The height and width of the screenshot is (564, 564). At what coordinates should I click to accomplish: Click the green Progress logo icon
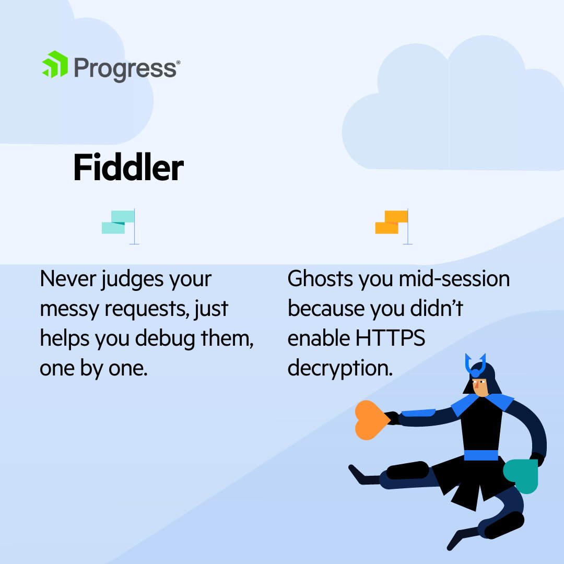[x=55, y=64]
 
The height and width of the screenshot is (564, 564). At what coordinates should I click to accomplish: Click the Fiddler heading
[x=128, y=168]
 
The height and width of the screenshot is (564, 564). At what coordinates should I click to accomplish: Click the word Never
[x=66, y=279]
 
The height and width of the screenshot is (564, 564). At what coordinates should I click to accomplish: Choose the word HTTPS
[x=391, y=338]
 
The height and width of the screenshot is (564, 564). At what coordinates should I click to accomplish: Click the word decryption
[x=340, y=369]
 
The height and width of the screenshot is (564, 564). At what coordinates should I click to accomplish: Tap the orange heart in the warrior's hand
[x=371, y=419]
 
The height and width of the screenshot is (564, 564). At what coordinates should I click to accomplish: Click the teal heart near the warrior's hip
[x=521, y=475]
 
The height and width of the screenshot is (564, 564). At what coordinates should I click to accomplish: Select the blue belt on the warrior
[x=481, y=455]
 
